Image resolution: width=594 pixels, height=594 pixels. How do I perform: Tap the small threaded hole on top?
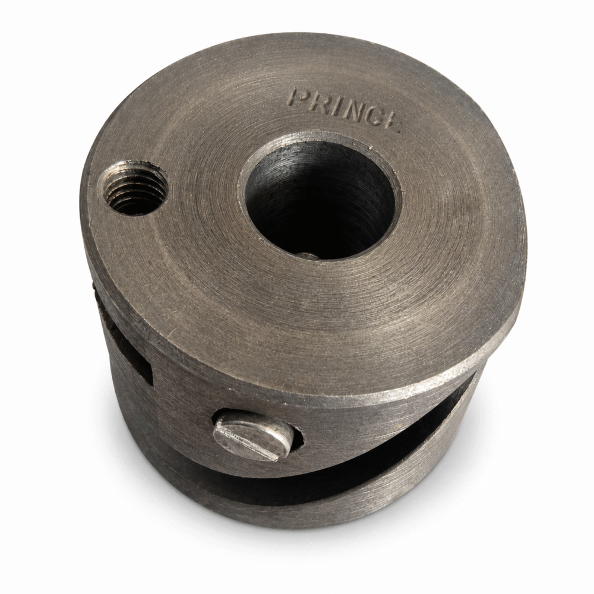[x=133, y=188]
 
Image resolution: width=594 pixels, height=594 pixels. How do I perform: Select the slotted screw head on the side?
[x=252, y=435]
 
